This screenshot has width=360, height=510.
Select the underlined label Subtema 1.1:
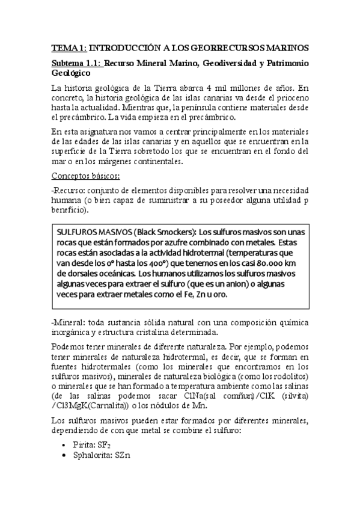click(x=76, y=64)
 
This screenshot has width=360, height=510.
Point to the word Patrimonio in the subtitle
click(x=283, y=64)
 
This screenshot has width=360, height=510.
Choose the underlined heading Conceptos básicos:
click(x=85, y=176)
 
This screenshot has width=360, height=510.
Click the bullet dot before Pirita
click(x=65, y=444)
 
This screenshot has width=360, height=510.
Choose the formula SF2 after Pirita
click(x=106, y=444)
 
